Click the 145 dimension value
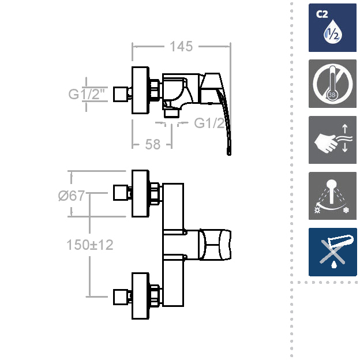click(181, 47)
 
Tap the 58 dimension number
click(153, 144)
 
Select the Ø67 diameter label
click(72, 196)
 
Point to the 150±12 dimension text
click(90, 245)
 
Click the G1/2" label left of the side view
click(87, 94)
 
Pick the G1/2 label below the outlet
click(209, 123)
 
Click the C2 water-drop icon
click(332, 28)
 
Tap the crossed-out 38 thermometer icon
click(332, 84)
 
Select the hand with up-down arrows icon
click(332, 140)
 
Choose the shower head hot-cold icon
click(332, 196)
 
